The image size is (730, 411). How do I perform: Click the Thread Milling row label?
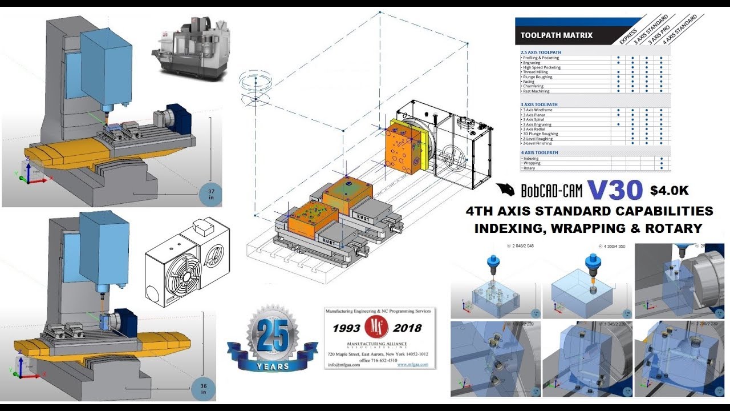click(534, 72)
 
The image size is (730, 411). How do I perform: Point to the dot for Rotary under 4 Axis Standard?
click(661, 168)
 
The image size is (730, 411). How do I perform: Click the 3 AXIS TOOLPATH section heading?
click(540, 104)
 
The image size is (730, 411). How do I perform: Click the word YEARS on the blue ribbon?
click(272, 365)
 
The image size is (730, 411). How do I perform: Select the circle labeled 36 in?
click(204, 388)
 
